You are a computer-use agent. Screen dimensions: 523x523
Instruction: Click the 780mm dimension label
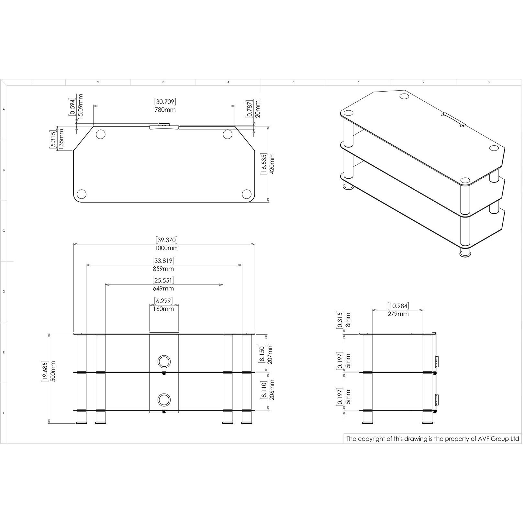click(165, 110)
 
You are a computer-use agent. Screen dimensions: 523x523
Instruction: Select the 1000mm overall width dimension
click(167, 248)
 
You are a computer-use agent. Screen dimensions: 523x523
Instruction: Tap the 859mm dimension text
click(163, 269)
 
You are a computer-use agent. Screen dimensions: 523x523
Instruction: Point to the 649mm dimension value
click(163, 288)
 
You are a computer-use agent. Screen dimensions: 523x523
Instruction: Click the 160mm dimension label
click(163, 309)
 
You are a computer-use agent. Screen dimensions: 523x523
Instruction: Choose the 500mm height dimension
click(53, 371)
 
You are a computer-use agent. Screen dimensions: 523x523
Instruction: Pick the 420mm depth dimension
click(272, 164)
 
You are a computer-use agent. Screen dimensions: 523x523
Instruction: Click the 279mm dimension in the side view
click(398, 314)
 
